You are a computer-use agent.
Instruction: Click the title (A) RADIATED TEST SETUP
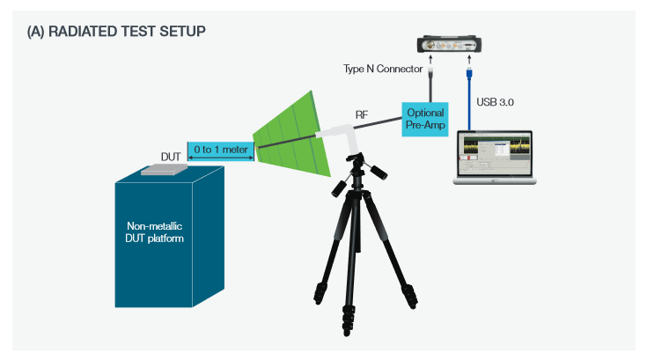pyautogui.click(x=117, y=32)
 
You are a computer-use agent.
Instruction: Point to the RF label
pyautogui.click(x=361, y=114)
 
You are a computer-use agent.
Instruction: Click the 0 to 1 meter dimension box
pyautogui.click(x=220, y=151)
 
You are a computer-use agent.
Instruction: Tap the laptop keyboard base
pyautogui.click(x=495, y=181)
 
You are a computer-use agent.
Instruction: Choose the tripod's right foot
pyautogui.click(x=411, y=297)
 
